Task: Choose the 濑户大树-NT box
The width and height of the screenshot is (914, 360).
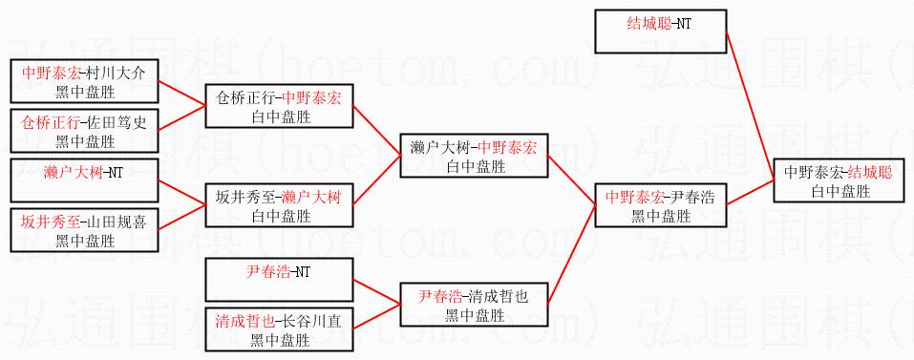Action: click(x=84, y=180)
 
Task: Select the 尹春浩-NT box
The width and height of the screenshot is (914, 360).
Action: click(x=279, y=280)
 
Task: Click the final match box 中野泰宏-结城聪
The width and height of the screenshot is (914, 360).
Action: click(x=840, y=180)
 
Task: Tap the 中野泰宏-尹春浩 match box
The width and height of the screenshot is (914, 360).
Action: click(x=661, y=204)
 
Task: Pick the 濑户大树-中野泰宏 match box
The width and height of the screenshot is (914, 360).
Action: click(x=474, y=155)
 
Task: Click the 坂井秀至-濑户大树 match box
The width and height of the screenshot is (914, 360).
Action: click(x=279, y=205)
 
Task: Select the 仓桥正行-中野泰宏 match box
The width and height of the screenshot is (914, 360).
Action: click(x=279, y=105)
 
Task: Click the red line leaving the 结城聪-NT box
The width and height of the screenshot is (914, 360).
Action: click(x=750, y=105)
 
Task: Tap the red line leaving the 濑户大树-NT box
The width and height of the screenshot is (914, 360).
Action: click(x=181, y=192)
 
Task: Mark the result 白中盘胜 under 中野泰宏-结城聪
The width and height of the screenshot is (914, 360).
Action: click(x=840, y=190)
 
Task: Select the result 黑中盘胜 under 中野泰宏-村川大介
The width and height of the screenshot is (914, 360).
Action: click(x=84, y=91)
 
